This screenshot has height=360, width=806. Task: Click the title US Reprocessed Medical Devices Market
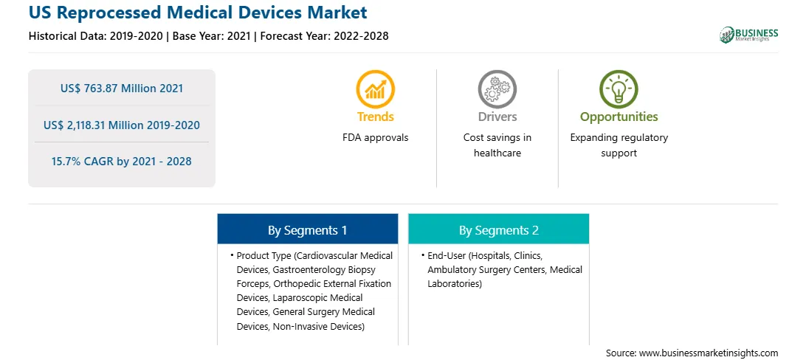click(x=198, y=13)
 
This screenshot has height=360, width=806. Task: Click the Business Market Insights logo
click(x=749, y=35)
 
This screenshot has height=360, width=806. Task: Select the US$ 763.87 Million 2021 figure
click(x=122, y=89)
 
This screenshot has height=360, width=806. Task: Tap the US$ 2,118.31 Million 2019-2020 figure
click(x=122, y=125)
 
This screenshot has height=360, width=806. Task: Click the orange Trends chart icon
click(x=375, y=89)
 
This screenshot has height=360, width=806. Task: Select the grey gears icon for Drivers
click(x=497, y=89)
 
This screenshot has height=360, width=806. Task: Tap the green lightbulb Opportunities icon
click(x=619, y=89)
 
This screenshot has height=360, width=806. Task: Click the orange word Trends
click(x=376, y=117)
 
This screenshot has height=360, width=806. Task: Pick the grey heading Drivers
click(x=497, y=117)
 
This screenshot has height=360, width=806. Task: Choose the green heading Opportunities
click(x=619, y=117)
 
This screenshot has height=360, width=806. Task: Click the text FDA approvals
click(x=375, y=137)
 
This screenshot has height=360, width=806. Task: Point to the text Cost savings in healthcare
click(x=497, y=145)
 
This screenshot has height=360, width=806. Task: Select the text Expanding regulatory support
click(x=619, y=145)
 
